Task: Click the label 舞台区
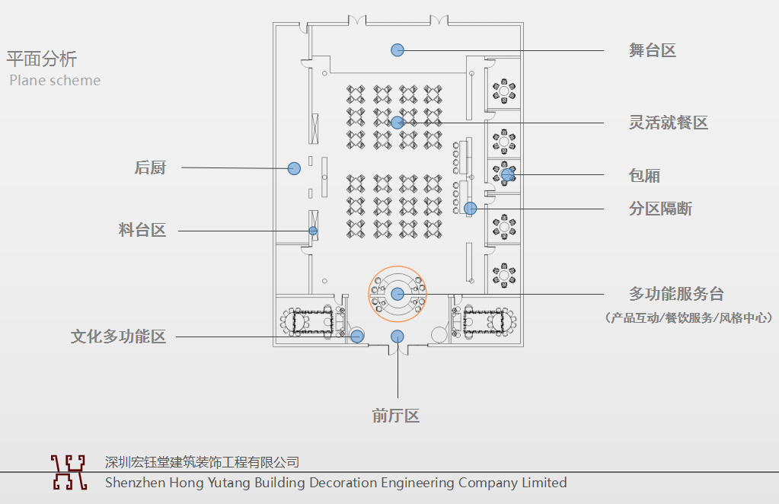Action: tap(652, 51)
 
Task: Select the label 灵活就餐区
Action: tap(668, 123)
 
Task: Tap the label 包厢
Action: tap(644, 176)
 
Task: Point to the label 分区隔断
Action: tap(660, 209)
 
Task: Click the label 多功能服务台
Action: tap(675, 294)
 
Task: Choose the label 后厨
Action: tap(150, 168)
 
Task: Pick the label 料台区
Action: tap(142, 230)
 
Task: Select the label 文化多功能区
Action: tap(118, 337)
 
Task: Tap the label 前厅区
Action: tap(396, 416)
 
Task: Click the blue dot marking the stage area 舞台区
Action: tap(397, 50)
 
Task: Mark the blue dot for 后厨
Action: tap(294, 168)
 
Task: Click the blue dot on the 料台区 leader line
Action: tap(313, 231)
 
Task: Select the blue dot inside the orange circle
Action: tap(397, 294)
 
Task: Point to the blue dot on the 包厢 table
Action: tap(507, 175)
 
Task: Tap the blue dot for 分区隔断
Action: tap(471, 208)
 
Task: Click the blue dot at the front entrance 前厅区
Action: tap(397, 337)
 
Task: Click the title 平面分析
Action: tap(42, 59)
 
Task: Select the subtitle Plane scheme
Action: tap(55, 80)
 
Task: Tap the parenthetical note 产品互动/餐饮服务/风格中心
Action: tap(688, 317)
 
